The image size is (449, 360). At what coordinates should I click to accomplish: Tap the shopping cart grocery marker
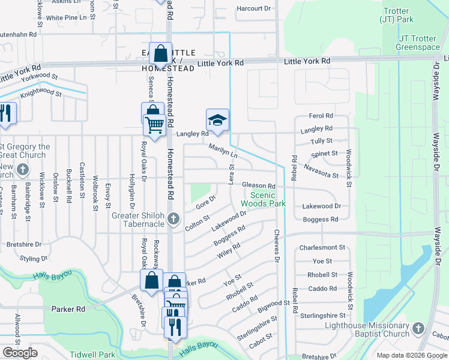[155, 125]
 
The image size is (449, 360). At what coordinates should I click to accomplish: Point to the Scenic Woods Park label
[262, 199]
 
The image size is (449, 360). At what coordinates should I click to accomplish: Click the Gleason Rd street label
[259, 186]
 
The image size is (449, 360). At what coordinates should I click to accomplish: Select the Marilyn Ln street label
[223, 151]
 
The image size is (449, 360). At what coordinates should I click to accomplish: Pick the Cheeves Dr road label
[277, 246]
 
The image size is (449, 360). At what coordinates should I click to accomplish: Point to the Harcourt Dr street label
[255, 8]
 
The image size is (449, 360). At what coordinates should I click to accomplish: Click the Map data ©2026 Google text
[411, 355]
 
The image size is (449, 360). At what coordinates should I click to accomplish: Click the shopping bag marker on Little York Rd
[161, 53]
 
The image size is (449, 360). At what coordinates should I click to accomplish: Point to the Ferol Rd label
[321, 115]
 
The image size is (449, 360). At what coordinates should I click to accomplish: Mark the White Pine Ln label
[67, 18]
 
